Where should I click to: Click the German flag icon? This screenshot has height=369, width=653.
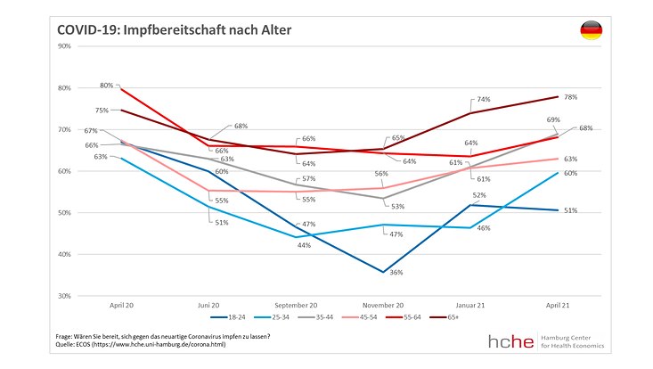click(x=591, y=31)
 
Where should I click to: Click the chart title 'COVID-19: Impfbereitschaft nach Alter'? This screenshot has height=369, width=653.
click(x=175, y=31)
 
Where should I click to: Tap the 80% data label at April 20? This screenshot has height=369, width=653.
click(x=107, y=86)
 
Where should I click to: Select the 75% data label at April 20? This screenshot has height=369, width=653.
click(x=102, y=111)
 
